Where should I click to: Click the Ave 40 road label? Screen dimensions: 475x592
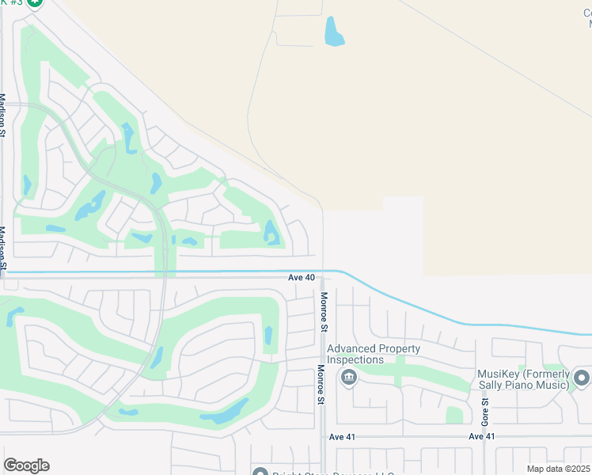tap(301, 278)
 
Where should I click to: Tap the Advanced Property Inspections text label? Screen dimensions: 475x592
tap(374, 354)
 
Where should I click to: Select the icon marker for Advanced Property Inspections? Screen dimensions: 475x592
tap(348, 378)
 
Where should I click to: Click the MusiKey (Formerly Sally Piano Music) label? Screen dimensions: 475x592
tap(523, 379)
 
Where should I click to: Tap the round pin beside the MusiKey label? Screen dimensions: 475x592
tap(583, 378)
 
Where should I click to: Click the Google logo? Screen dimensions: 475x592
tap(26, 465)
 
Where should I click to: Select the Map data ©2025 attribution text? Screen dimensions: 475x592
tap(558, 469)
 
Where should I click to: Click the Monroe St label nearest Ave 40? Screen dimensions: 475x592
tap(323, 310)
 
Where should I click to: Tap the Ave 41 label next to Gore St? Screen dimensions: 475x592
tap(481, 437)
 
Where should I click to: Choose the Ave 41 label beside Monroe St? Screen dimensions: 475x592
tap(344, 437)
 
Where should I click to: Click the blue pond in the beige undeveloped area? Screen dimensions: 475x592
tap(334, 31)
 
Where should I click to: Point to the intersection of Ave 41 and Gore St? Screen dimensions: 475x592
tap(485, 436)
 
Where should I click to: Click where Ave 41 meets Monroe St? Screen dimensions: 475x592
tap(323, 436)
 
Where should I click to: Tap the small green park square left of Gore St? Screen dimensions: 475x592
tap(454, 415)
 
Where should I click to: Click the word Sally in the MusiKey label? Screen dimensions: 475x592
tap(492, 386)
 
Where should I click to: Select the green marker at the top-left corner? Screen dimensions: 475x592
tap(34, 2)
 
